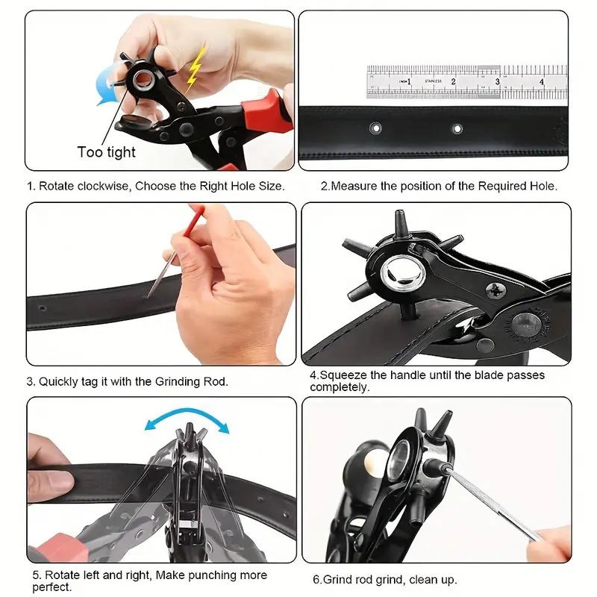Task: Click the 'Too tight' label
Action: coord(106,152)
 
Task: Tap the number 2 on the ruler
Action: coord(453,81)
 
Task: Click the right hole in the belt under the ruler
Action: coord(457,129)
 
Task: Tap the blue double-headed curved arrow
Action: coord(187,425)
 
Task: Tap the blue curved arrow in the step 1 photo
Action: coord(107,87)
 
